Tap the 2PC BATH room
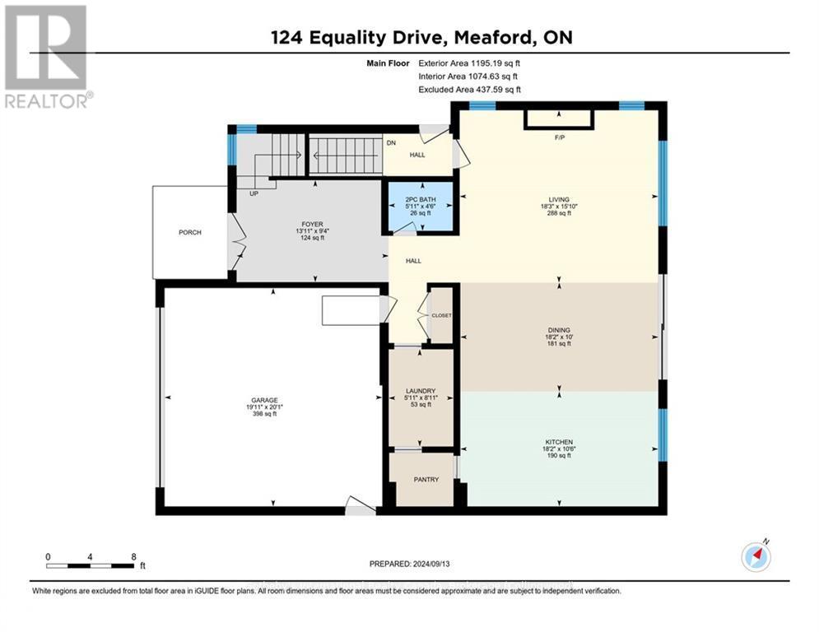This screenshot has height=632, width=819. (420, 206)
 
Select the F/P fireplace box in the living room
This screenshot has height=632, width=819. (559, 120)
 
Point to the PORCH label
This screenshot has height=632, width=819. (190, 232)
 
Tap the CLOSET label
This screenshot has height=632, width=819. (442, 315)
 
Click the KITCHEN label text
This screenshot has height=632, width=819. (558, 442)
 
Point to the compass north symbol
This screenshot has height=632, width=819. (756, 557)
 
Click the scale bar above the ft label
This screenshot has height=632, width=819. (90, 565)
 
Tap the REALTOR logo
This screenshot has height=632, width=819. (46, 57)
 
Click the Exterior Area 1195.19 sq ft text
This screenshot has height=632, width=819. (469, 63)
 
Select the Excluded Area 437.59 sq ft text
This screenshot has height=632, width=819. (469, 90)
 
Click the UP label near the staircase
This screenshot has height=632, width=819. (254, 193)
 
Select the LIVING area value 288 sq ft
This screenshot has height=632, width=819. (557, 213)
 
